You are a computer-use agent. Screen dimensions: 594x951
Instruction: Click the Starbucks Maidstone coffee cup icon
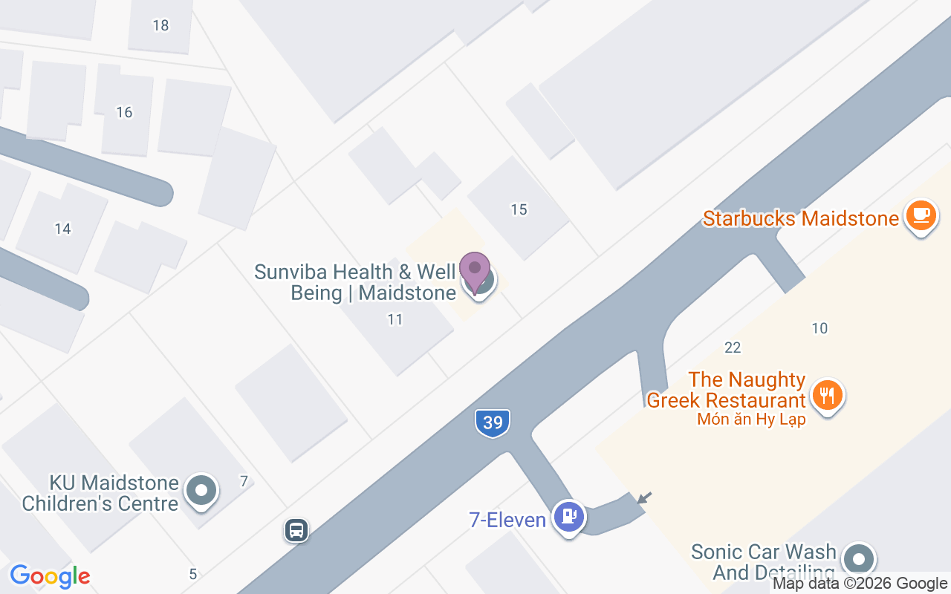tap(921, 216)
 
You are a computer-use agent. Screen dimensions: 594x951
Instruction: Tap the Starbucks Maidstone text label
tap(800, 218)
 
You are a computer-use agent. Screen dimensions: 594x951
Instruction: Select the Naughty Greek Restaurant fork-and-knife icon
tap(826, 394)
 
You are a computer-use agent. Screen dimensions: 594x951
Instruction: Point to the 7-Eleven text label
tap(507, 520)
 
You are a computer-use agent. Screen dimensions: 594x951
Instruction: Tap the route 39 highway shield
tap(493, 422)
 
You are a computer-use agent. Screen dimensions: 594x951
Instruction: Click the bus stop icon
tap(296, 530)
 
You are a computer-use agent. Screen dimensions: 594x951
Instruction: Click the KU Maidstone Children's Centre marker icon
tap(201, 491)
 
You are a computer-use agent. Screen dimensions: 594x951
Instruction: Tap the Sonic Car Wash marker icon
tap(860, 558)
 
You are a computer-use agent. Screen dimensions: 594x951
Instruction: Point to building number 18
tap(160, 25)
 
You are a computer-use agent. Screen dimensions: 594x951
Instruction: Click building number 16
tap(124, 112)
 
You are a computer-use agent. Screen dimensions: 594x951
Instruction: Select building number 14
tap(62, 229)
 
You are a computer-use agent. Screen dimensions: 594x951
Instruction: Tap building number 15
tap(519, 209)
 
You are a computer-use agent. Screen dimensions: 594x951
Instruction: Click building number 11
tap(395, 319)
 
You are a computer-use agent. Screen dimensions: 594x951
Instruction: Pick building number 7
tap(244, 481)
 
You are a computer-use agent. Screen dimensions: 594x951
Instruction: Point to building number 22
tap(733, 347)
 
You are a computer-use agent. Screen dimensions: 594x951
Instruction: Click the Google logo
tap(50, 576)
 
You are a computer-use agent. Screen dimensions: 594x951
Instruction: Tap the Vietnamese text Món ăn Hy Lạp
tap(751, 420)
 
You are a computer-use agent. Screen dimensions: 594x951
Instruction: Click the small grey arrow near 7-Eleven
tap(644, 497)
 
